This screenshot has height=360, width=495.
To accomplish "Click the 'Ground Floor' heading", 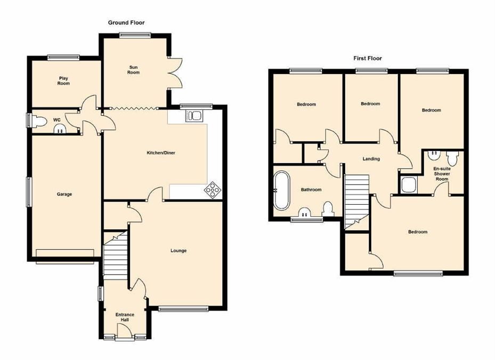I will click(126, 22).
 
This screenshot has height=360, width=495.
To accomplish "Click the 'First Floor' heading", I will click(368, 58).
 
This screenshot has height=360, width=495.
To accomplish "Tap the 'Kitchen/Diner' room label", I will click(161, 153).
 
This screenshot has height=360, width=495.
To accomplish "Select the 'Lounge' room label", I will click(178, 250).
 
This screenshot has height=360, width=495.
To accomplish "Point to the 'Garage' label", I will click(64, 194).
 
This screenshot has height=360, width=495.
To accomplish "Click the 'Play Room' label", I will click(64, 81).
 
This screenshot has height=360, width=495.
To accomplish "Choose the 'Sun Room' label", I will click(133, 70).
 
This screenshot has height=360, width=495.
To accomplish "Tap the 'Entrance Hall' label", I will click(125, 317).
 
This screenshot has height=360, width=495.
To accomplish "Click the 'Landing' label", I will click(371, 158).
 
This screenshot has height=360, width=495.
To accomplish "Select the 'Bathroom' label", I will click(311, 189).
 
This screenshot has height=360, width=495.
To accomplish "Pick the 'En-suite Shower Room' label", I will click(442, 174).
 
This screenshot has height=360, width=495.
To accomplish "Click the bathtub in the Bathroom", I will click(280, 189).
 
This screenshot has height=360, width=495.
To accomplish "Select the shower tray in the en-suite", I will click(409, 185).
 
